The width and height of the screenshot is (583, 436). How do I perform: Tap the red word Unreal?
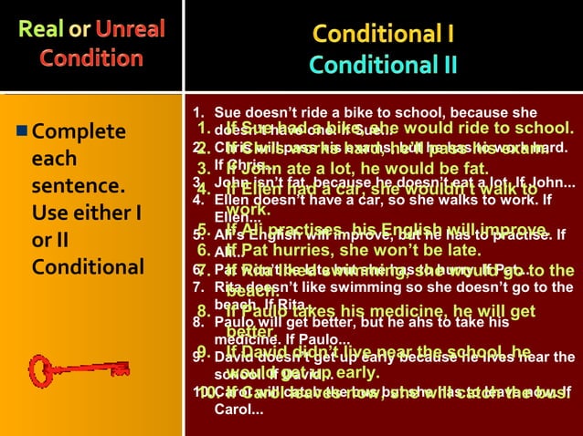pyautogui.click(x=130, y=29)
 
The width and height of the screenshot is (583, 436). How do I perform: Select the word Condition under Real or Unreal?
pyautogui.click(x=90, y=58)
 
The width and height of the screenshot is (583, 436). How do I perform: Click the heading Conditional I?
pyautogui.click(x=384, y=35)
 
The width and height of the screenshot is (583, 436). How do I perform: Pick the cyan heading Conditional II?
pyautogui.click(x=384, y=66)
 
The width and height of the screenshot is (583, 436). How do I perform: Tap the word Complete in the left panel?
pyautogui.click(x=79, y=133)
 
